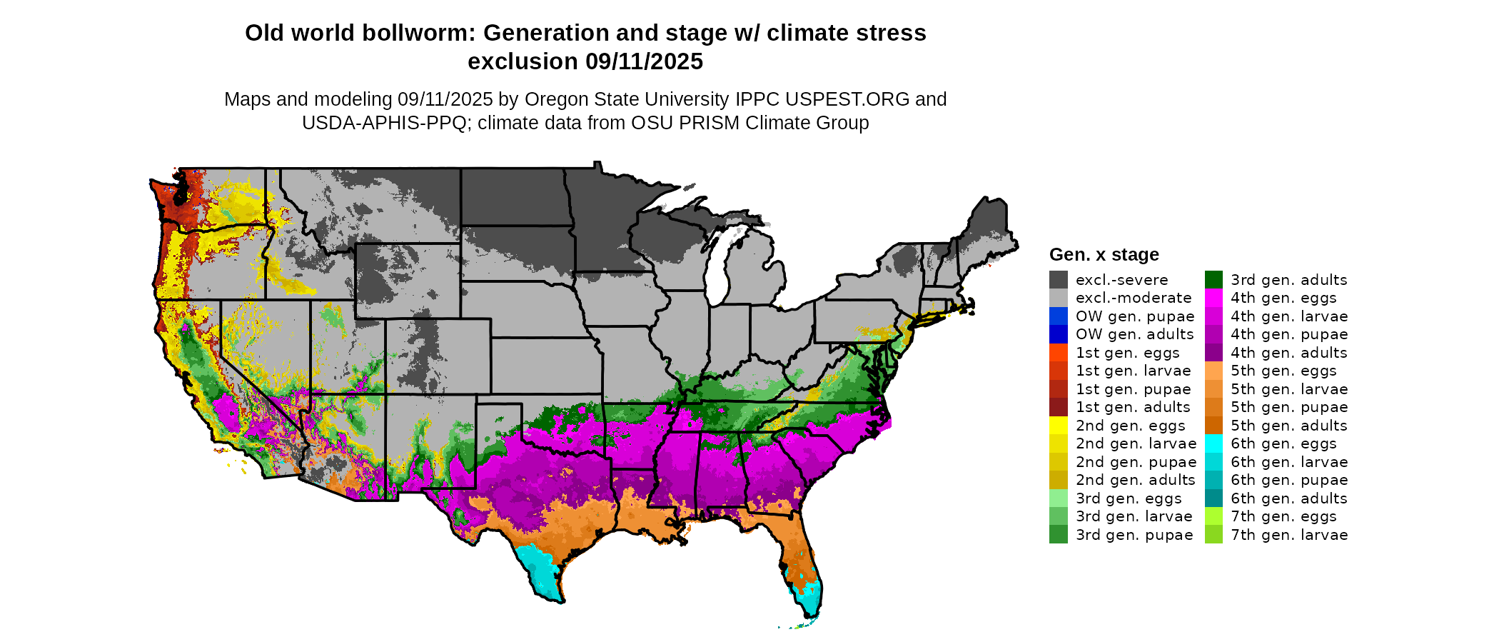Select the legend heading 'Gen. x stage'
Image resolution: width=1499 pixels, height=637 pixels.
(x=1104, y=255)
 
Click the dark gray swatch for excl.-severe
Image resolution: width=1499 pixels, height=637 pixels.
(x=1059, y=280)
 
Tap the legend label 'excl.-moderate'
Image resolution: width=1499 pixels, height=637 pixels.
(x=1134, y=298)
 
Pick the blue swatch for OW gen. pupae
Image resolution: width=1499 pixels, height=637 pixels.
(x=1059, y=316)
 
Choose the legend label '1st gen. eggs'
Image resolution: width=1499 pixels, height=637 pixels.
(x=1128, y=353)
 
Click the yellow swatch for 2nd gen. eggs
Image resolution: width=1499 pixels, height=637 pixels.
(x=1059, y=426)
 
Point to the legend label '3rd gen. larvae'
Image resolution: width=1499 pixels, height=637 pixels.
(x=1134, y=516)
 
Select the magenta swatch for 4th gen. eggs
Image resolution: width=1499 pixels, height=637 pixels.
(x=1213, y=298)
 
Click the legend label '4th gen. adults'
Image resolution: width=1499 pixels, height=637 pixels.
(x=1289, y=353)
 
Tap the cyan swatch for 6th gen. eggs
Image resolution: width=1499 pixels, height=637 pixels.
(x=1213, y=443)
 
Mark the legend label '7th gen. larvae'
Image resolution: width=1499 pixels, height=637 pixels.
(x=1289, y=535)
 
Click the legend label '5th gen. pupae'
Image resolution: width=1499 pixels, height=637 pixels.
(x=1289, y=407)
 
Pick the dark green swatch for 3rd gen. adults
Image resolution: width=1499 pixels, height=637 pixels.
(x=1213, y=280)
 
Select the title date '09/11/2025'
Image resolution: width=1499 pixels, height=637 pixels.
(x=644, y=62)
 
